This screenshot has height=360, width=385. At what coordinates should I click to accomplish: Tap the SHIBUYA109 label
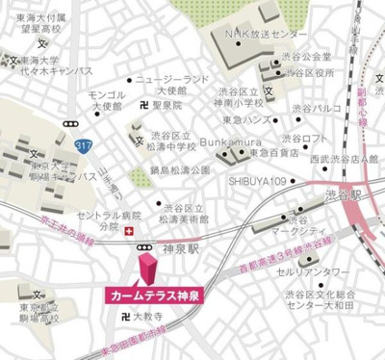click(x=257, y=180)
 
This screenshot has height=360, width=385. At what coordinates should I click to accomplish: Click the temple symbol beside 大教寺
click(x=122, y=314)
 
